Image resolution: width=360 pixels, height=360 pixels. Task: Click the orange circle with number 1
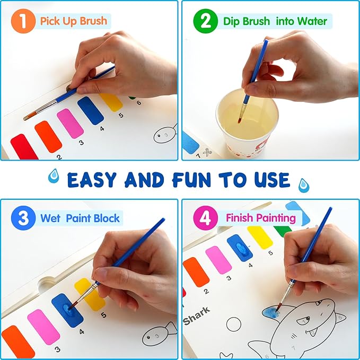coord(22,22)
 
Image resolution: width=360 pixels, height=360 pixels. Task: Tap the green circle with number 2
coord(201,22)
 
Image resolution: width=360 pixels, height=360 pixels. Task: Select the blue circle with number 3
coord(22,218)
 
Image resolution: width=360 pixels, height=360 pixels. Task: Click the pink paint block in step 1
coord(70,123)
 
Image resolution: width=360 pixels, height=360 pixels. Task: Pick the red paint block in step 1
coord(24,147)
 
